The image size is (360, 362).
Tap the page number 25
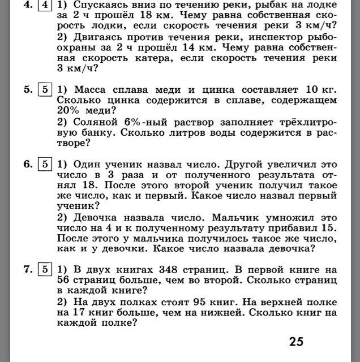[x=295, y=341]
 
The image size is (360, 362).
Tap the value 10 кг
[x=322, y=89]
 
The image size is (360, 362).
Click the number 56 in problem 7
[x=66, y=280]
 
